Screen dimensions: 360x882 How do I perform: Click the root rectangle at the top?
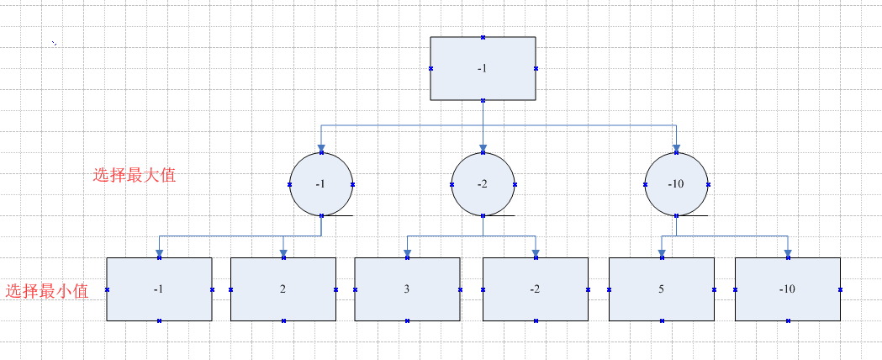click(483, 68)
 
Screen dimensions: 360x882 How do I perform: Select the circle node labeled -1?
click(321, 184)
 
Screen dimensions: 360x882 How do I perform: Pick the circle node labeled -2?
click(483, 184)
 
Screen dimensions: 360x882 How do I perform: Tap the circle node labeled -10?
click(676, 184)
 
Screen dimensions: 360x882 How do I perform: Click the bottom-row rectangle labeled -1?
click(159, 289)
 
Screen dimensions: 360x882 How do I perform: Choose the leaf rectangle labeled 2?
click(283, 289)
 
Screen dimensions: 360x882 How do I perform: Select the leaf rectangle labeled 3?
click(407, 289)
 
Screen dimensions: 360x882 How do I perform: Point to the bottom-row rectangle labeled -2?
click(535, 289)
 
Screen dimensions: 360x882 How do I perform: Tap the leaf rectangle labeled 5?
click(661, 289)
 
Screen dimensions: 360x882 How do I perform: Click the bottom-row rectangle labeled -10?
click(787, 289)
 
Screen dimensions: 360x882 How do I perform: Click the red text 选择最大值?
click(135, 176)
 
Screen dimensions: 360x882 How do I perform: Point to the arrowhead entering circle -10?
click(676, 149)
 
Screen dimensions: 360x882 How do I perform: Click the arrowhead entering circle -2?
click(483, 149)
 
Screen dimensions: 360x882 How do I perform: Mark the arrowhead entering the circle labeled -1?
click(321, 149)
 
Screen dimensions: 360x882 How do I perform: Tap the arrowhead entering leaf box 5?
click(661, 252)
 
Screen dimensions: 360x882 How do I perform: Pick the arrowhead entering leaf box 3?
click(407, 252)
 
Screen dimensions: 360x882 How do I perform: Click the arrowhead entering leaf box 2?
click(283, 252)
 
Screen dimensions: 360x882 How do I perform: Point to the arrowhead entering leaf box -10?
click(787, 252)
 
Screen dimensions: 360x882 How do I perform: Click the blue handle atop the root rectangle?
click(483, 37)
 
